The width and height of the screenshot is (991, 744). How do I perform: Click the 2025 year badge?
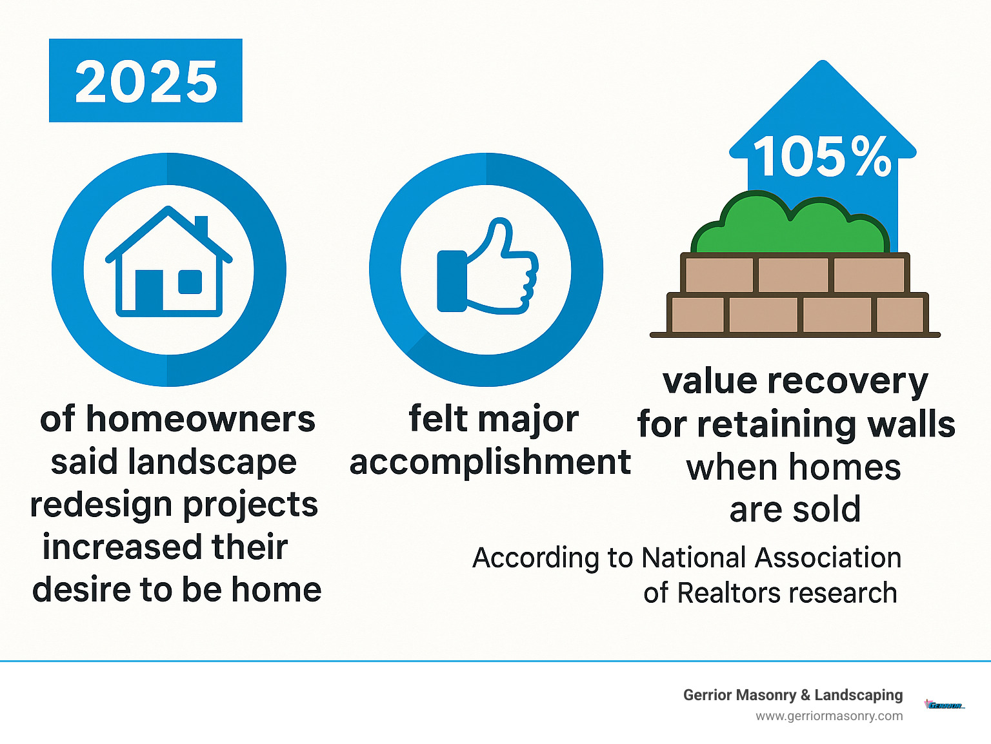(x=146, y=81)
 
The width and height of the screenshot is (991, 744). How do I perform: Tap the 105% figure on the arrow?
(x=822, y=157)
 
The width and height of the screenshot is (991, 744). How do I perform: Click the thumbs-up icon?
(x=487, y=268)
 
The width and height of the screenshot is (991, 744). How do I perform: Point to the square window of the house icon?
(x=190, y=282)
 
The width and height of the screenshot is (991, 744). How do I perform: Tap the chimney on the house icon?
(x=201, y=227)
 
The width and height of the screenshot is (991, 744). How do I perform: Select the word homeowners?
(x=201, y=419)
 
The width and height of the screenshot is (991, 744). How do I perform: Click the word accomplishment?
(x=490, y=462)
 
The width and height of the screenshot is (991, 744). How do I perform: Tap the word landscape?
(x=212, y=462)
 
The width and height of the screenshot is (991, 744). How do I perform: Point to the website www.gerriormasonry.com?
(x=829, y=716)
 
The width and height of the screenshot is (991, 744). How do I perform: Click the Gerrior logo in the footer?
(x=944, y=705)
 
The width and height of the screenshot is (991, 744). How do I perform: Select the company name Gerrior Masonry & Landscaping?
(x=792, y=695)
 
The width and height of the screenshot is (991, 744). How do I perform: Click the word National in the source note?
(x=694, y=558)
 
